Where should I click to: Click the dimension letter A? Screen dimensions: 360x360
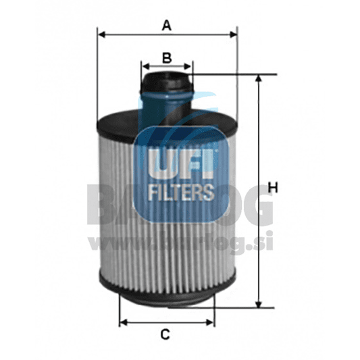point(167,26)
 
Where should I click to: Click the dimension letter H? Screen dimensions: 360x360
point(273,187)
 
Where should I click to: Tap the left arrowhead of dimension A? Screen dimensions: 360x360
point(101,33)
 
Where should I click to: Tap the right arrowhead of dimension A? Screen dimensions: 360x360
point(234,33)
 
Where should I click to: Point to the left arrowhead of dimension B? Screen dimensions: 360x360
point(145,66)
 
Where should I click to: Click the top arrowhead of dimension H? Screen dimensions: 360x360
point(258,78)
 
